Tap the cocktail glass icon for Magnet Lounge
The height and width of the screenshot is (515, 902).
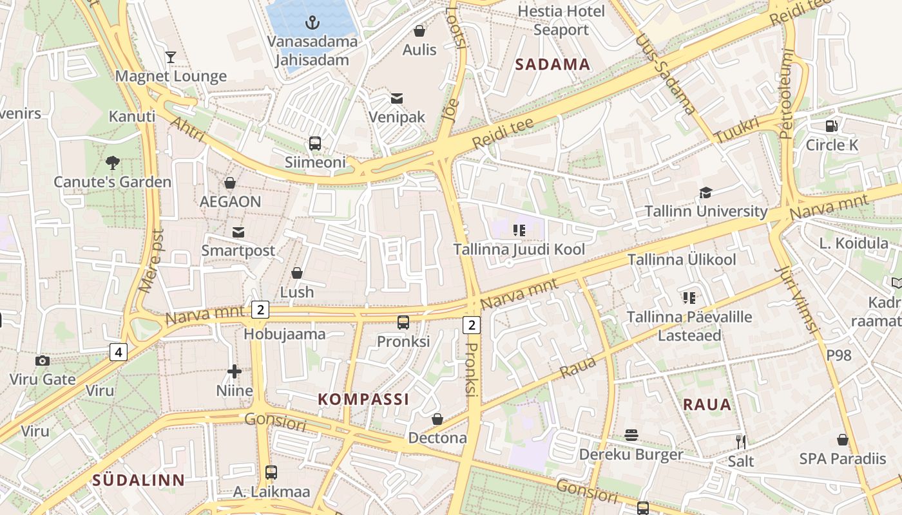(171, 57)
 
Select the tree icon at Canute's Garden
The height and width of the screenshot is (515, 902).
(113, 162)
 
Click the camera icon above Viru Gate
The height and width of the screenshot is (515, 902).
(43, 360)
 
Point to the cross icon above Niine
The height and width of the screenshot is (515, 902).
(235, 371)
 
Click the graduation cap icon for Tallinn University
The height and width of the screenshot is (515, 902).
(706, 192)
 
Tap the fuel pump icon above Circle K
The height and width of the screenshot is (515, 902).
(832, 126)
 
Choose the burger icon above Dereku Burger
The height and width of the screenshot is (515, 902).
(631, 435)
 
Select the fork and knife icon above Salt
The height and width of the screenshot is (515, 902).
(741, 442)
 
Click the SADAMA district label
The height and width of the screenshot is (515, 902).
(553, 64)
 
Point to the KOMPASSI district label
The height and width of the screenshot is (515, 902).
(363, 399)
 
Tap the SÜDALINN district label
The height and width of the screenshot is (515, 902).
(139, 480)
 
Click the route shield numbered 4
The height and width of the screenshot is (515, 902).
(118, 352)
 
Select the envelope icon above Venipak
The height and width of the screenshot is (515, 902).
(397, 98)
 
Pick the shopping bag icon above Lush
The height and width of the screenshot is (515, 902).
(297, 273)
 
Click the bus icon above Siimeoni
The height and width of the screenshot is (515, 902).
(315, 144)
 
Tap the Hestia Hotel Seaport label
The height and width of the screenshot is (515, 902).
(561, 21)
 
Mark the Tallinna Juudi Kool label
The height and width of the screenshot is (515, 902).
(519, 249)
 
